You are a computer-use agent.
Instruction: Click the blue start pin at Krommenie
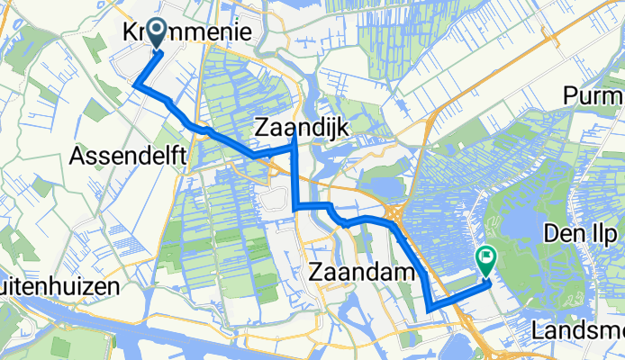click(x=156, y=34)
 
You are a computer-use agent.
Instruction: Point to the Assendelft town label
click(x=128, y=157)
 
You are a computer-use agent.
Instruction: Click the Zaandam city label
click(x=362, y=271)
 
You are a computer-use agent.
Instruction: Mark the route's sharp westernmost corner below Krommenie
click(x=135, y=85)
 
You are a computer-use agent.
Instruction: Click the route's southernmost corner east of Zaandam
click(x=430, y=309)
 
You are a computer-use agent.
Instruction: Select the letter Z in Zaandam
click(x=318, y=271)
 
